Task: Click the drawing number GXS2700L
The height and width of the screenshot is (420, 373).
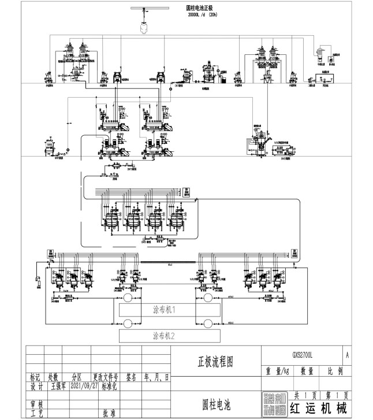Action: click(x=302, y=352)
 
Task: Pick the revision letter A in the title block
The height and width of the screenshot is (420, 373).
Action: click(x=346, y=352)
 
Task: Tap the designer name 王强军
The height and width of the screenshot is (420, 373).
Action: click(x=55, y=388)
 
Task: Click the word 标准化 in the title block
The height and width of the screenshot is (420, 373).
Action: click(x=109, y=388)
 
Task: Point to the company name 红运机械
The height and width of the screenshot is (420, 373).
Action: click(x=319, y=408)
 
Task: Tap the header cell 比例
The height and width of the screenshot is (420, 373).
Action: click(x=334, y=370)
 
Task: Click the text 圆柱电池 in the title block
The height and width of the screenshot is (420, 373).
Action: click(x=216, y=403)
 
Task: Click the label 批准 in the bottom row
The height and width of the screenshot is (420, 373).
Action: click(x=109, y=413)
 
